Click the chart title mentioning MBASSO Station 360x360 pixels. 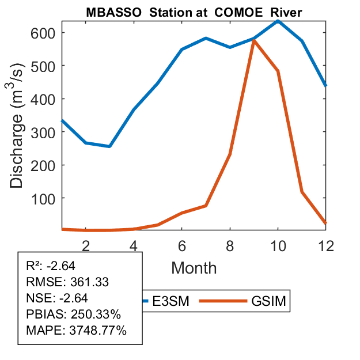[x=194, y=12]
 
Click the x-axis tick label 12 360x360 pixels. [x=326, y=245]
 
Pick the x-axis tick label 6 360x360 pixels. [x=182, y=245]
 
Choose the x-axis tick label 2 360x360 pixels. [x=86, y=245]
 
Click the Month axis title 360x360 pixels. [x=194, y=267]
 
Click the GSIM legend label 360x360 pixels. [x=268, y=301]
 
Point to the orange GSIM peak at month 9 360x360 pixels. [x=253, y=40]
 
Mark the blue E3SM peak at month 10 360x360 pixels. [x=278, y=21]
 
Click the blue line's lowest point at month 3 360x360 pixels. [x=109, y=146]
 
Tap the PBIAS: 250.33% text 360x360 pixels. [x=73, y=314]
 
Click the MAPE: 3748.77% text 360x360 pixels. [x=76, y=331]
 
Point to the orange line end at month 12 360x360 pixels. [x=325, y=222]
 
